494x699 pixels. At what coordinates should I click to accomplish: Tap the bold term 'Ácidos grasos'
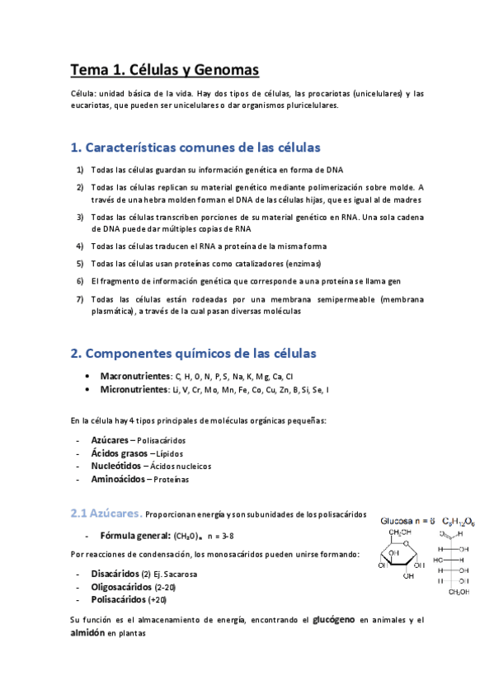coord(119,453)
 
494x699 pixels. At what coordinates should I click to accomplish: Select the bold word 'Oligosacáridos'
coord(121,587)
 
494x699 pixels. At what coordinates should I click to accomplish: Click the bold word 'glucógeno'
coord(334,619)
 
